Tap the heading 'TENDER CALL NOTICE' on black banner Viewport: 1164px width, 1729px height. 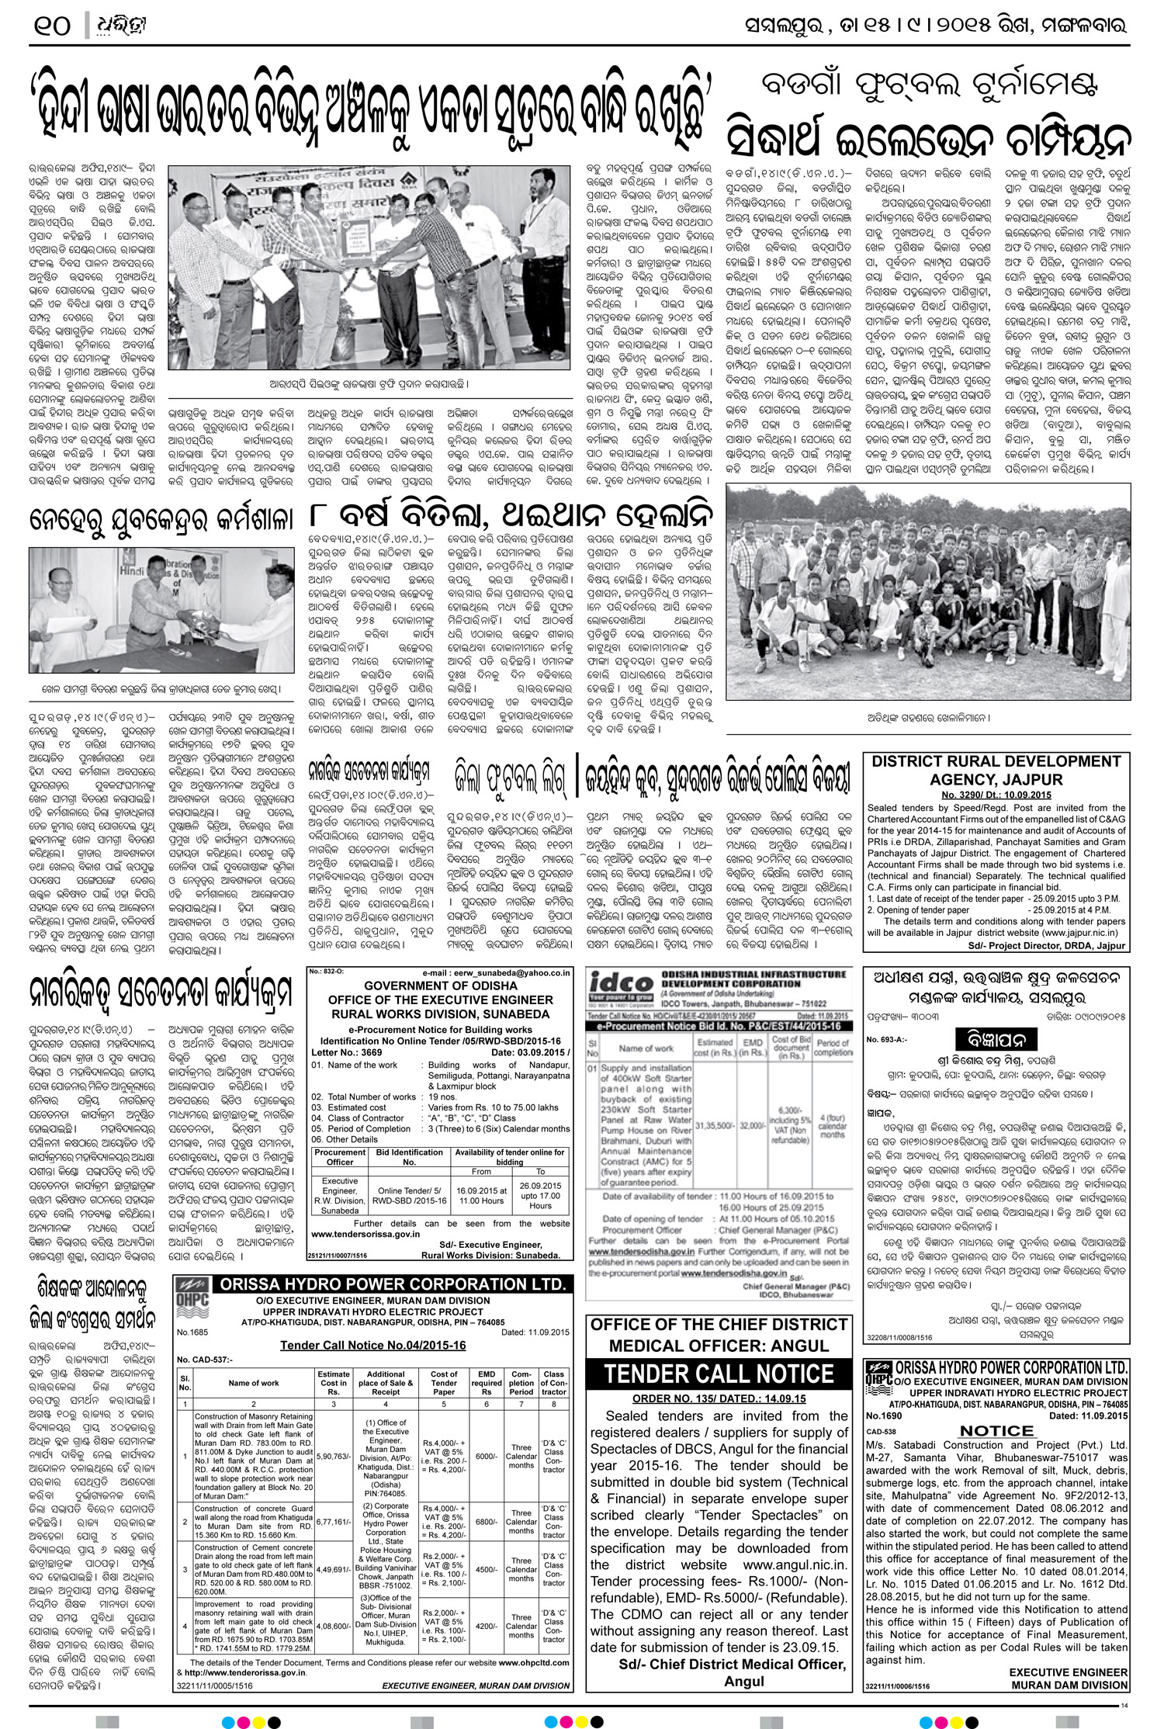point(719,1374)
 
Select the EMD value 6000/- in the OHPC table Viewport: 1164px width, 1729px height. point(487,1456)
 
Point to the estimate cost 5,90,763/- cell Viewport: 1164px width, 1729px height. point(333,1456)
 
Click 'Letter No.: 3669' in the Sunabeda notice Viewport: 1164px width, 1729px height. point(347,1052)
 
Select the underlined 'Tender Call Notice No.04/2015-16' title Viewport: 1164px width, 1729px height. point(372,1345)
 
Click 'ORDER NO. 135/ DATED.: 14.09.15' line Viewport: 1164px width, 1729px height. point(719,1398)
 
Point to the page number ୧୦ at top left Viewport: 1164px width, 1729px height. point(53,26)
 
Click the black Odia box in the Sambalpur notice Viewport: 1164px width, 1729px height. point(996,1039)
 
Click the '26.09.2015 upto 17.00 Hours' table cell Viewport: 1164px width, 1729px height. point(540,1195)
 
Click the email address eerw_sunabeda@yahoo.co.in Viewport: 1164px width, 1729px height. point(497,972)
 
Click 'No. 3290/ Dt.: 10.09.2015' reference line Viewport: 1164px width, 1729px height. point(996,795)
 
